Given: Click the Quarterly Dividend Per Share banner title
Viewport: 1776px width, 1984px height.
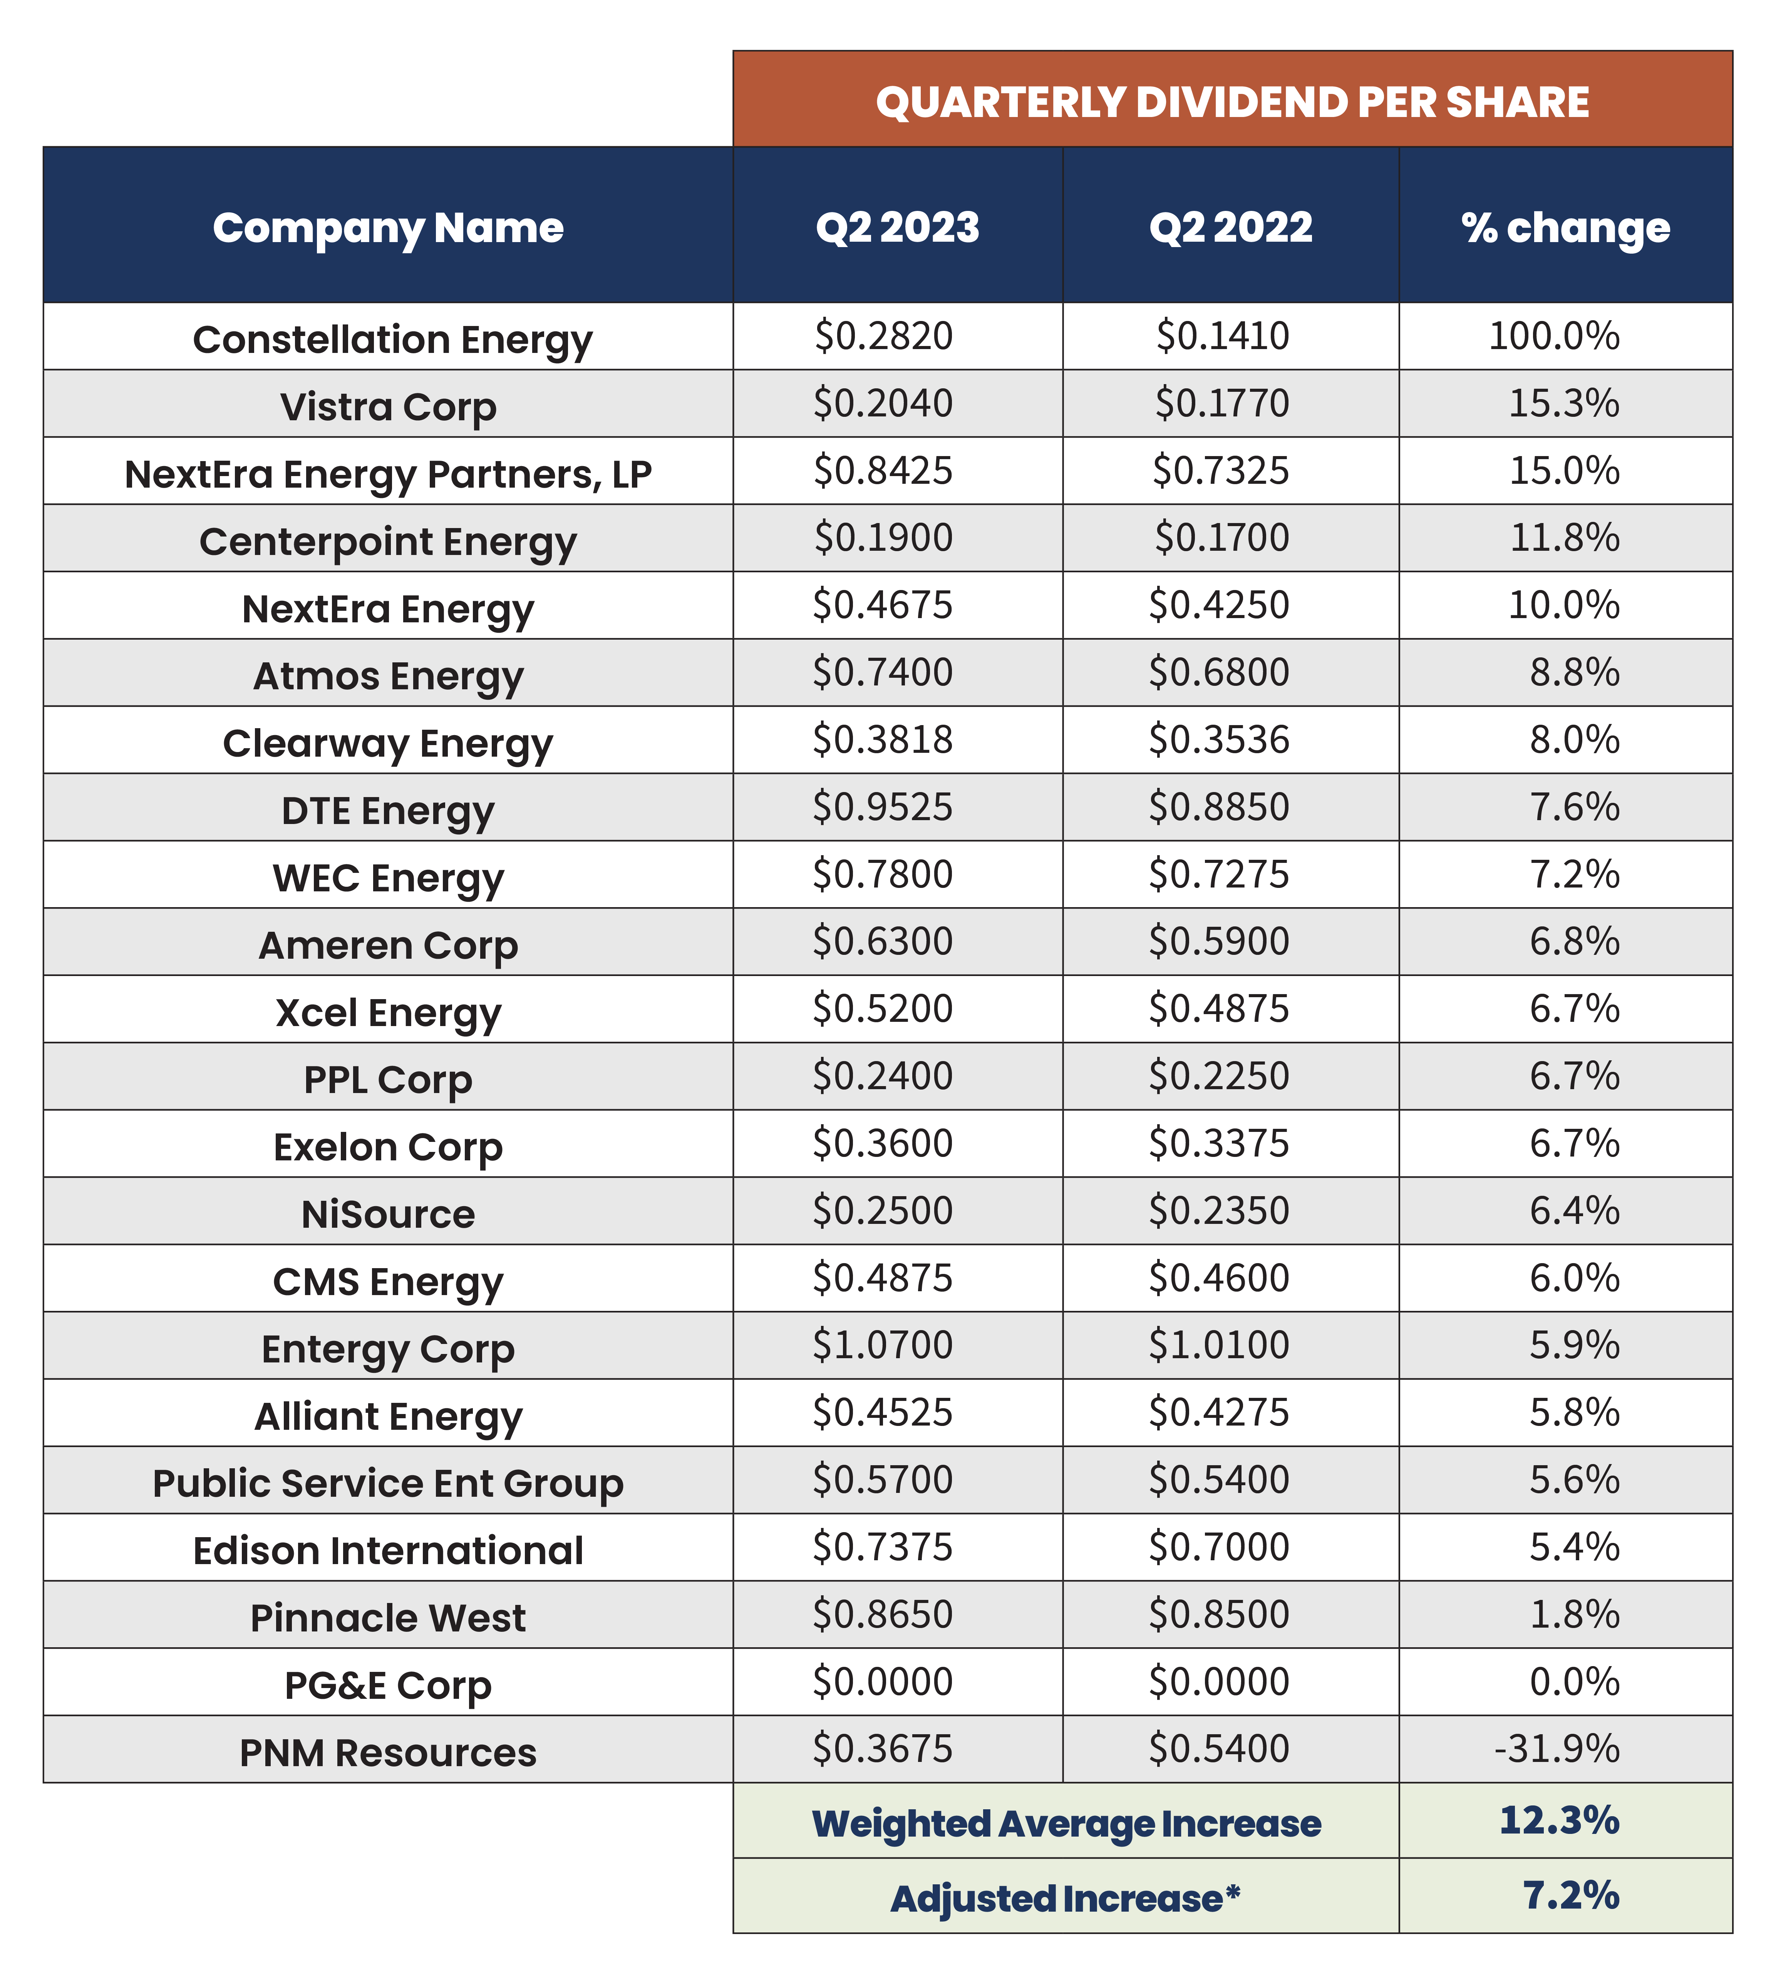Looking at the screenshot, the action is point(1233,102).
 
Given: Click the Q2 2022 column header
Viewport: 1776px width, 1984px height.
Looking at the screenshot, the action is point(1230,227).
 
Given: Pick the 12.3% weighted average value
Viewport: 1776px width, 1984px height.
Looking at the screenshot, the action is point(1559,1820).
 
